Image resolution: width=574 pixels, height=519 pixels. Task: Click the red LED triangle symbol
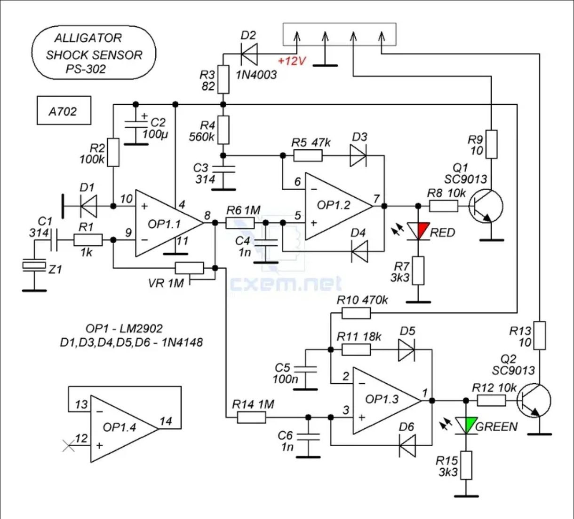point(418,231)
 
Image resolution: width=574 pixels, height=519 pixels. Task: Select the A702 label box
point(64,110)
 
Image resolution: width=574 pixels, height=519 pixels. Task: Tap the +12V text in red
point(292,61)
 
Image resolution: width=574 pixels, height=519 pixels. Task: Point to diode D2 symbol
point(249,54)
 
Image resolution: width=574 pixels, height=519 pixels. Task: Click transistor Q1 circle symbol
point(486,206)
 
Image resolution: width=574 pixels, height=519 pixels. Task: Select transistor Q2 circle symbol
point(534,400)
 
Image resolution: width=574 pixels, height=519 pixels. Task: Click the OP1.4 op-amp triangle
point(125,428)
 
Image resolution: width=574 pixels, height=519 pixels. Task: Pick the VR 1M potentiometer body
point(190,268)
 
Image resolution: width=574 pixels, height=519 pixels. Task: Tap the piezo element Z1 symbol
point(34,265)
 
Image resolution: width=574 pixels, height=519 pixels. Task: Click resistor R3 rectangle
point(223,79)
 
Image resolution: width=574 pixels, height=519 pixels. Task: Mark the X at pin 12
point(68,446)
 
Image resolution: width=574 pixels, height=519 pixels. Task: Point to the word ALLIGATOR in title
point(88,38)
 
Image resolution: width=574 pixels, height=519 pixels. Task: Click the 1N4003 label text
point(256,75)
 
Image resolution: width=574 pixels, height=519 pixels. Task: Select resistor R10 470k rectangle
point(356,313)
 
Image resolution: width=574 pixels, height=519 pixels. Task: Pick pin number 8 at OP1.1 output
point(207,216)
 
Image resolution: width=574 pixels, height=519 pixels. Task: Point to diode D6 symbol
point(407,445)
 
